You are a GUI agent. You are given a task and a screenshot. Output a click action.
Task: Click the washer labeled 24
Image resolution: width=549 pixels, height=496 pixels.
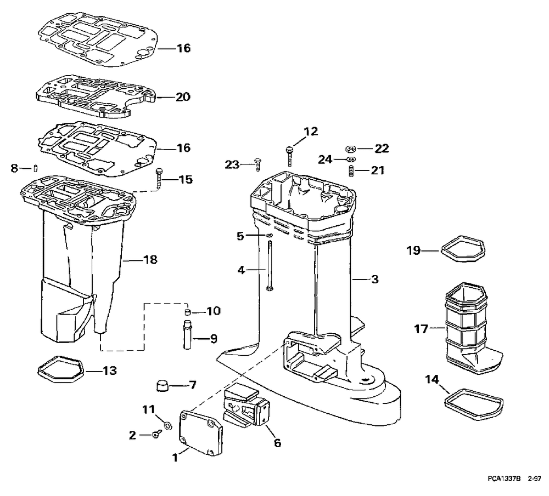351,159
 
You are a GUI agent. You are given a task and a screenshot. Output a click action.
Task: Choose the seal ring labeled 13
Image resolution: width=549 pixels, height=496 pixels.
59,370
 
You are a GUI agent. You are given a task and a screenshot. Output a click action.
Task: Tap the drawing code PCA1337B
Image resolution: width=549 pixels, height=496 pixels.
503,478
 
